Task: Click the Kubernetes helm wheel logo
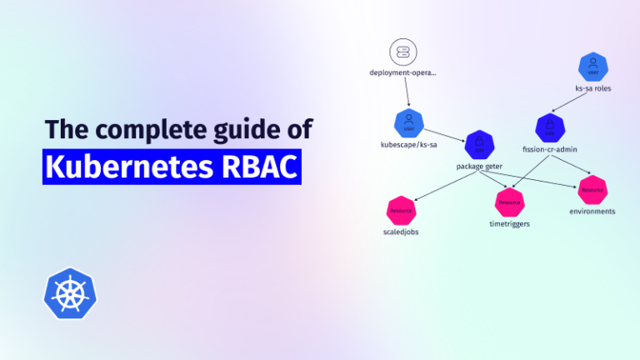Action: coord(69,294)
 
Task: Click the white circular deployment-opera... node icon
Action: coord(402,53)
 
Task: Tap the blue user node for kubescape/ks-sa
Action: coord(408,124)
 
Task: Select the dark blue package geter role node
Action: coord(480,146)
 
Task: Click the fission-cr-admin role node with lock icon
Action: coord(550,128)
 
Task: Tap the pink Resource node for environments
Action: coord(592,189)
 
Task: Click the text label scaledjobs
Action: coord(401,232)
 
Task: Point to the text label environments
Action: coord(592,212)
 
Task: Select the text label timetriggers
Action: coord(509,224)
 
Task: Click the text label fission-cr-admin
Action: coord(550,150)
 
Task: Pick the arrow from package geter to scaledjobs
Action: coord(442,185)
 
